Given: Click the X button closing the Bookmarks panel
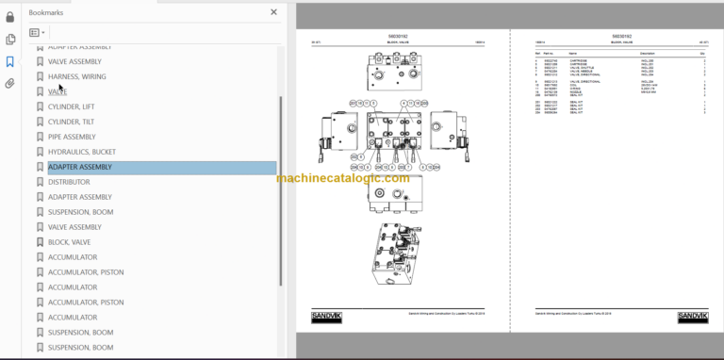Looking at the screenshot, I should tap(273, 12).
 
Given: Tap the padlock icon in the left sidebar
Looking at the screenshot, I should tap(10, 16).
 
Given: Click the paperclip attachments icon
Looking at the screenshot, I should tap(10, 83).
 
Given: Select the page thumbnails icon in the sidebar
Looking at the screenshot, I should tap(10, 39).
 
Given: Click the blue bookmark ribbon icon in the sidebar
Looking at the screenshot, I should tap(10, 61).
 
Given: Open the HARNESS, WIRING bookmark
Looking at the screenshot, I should tap(76, 76).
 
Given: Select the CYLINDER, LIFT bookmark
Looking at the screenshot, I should tap(71, 106).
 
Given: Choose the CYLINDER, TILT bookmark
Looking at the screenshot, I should tap(71, 122).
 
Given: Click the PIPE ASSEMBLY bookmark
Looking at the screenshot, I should tap(72, 137).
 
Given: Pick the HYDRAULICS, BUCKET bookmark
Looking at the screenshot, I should tap(82, 152).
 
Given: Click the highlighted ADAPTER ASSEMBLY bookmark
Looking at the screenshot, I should tap(80, 167).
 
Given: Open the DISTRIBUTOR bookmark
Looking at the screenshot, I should tap(69, 182).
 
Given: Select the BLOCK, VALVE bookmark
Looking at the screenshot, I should tap(70, 242).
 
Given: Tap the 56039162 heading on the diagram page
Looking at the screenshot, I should tap(397, 35).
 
